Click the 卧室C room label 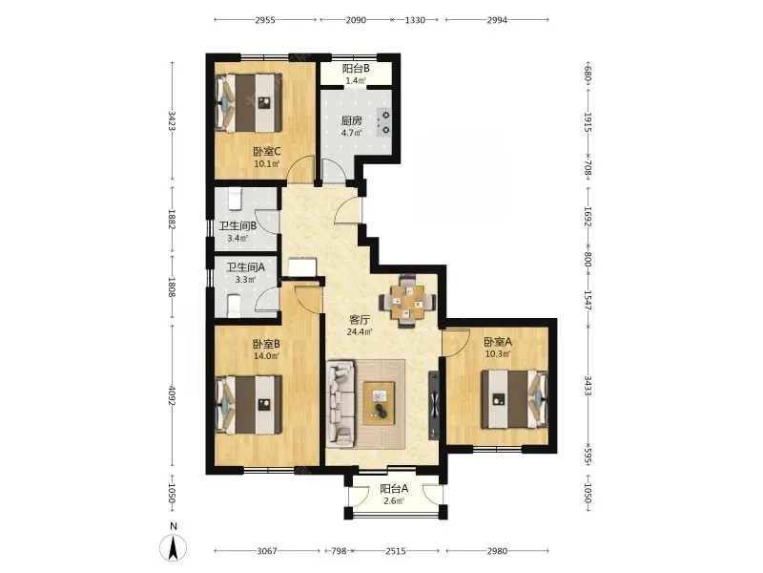(x=267, y=152)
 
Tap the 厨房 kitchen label (x=351, y=120)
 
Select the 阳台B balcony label (x=356, y=69)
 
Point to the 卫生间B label (x=237, y=226)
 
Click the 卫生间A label (x=246, y=267)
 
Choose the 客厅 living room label (x=361, y=320)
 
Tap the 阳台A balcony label (x=394, y=488)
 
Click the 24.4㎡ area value (x=360, y=332)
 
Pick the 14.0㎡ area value (x=266, y=355)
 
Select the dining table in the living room (x=408, y=302)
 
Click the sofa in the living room (x=340, y=403)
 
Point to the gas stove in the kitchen (x=384, y=122)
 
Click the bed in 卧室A (x=515, y=400)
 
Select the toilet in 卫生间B (x=236, y=201)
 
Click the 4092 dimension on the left (x=172, y=397)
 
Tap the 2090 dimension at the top (x=355, y=20)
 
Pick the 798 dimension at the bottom (x=339, y=551)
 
